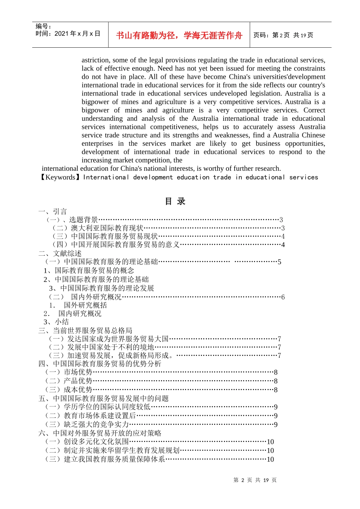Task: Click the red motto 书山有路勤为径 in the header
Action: point(179,35)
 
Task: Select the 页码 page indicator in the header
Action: point(283,35)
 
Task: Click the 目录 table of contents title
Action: point(175,201)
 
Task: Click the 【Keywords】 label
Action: point(59,177)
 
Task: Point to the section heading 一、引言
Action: point(53,211)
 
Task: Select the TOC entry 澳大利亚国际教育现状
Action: point(107,228)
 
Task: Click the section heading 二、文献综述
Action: point(60,253)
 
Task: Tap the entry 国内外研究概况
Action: point(96,297)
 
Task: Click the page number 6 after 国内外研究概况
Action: point(283,297)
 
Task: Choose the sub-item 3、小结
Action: point(56,322)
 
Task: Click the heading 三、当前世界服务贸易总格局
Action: point(85,331)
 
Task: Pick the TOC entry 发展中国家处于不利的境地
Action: point(111,347)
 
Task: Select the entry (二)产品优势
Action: point(69,381)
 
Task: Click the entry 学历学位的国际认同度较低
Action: point(107,407)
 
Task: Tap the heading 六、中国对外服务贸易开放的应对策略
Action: point(100,433)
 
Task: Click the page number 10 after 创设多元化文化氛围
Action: point(270,442)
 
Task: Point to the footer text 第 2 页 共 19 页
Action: point(255,480)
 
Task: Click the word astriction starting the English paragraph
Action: point(95,60)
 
